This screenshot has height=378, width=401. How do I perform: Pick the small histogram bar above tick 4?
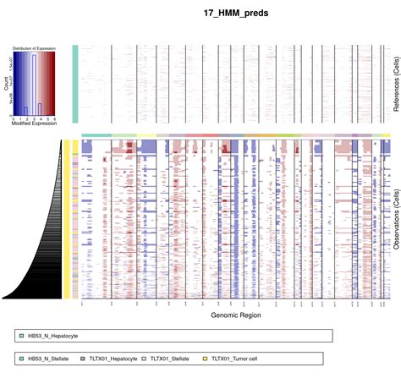pos(40,109)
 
